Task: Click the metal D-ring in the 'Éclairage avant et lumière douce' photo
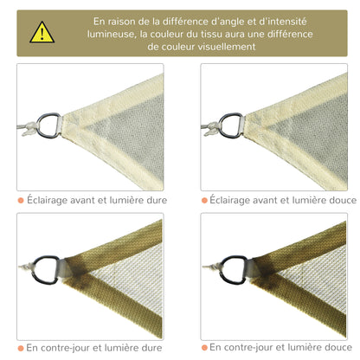coord(231,123)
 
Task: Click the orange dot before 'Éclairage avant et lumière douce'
coord(205,200)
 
